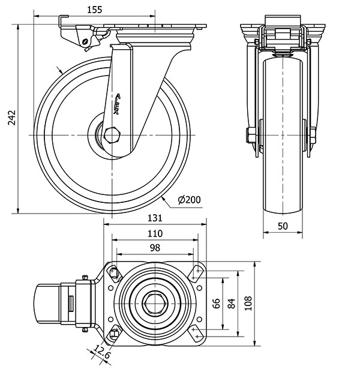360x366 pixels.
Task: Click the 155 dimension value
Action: pos(93,9)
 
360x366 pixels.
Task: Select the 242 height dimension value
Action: pos(11,119)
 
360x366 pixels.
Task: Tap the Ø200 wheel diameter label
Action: pos(190,200)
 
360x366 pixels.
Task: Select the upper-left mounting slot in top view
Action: pos(114,274)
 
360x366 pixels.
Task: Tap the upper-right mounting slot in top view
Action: pos(196,274)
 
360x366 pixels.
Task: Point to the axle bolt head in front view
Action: pos(247,136)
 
